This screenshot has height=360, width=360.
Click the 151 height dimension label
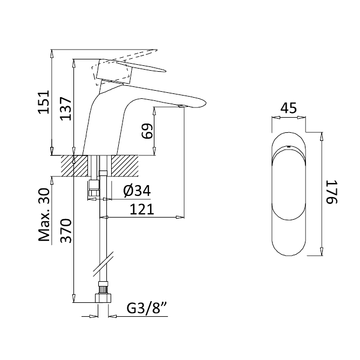pyautogui.click(x=44, y=102)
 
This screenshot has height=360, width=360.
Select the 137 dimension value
pyautogui.click(x=66, y=109)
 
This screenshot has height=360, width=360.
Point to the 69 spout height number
pyautogui.click(x=147, y=131)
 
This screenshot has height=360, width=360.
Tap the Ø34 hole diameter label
pyautogui.click(x=137, y=191)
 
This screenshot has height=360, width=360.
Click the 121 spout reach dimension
pyautogui.click(x=142, y=209)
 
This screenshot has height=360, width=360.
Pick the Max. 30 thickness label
pyautogui.click(x=44, y=215)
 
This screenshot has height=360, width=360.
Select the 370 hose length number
pyautogui.click(x=66, y=231)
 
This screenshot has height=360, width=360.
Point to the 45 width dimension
pyautogui.click(x=289, y=108)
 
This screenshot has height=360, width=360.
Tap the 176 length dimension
pyautogui.click(x=331, y=192)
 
